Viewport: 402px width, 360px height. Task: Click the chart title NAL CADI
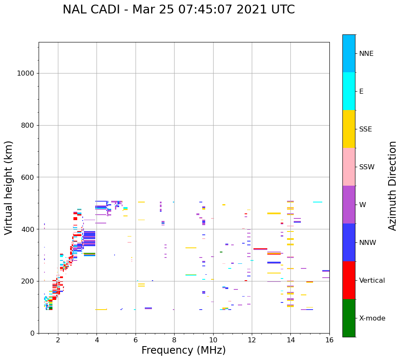tap(178, 10)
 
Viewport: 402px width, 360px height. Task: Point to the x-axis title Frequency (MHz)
tap(183, 350)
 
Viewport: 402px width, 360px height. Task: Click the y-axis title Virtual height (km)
tap(9, 187)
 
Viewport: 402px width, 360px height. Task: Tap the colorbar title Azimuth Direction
tap(392, 185)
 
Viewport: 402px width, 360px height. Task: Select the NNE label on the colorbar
tap(366, 54)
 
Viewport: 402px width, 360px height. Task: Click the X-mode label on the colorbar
tap(372, 318)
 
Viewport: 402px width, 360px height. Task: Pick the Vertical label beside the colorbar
tap(372, 281)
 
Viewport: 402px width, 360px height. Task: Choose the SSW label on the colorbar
tap(366, 167)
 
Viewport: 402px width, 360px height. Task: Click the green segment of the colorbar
tap(349, 318)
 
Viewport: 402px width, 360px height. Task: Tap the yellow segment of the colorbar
tap(349, 129)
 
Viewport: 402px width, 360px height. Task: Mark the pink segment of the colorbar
tap(349, 167)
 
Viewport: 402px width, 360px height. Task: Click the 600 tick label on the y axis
tap(28, 177)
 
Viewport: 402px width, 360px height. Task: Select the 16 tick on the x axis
tap(329, 340)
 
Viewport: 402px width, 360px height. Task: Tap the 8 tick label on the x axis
tap(174, 340)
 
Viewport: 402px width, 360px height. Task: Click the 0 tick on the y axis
tap(33, 333)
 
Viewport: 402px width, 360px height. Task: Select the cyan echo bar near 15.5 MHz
tap(318, 202)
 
